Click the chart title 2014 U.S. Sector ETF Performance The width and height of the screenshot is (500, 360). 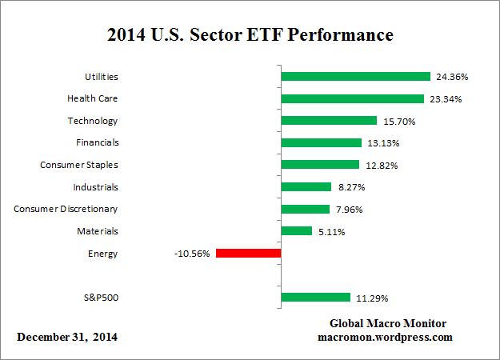pos(250,36)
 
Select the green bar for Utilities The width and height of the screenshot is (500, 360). pos(356,77)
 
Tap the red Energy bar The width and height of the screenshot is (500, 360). pos(248,254)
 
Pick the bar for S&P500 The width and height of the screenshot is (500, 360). pos(316,298)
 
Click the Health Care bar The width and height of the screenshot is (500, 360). pos(353,99)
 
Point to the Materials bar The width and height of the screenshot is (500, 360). pos(297,231)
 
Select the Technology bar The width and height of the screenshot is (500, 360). pos(329,121)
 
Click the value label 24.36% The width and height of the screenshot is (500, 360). pos(452,78)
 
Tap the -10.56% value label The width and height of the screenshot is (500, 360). pos(191,254)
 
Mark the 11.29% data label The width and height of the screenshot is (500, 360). pos(372,298)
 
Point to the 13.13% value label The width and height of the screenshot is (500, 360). pos(383,143)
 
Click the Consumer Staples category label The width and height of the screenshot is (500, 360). pos(78,165)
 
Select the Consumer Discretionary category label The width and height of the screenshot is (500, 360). pos(66,209)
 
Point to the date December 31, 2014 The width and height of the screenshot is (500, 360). pos(67,337)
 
